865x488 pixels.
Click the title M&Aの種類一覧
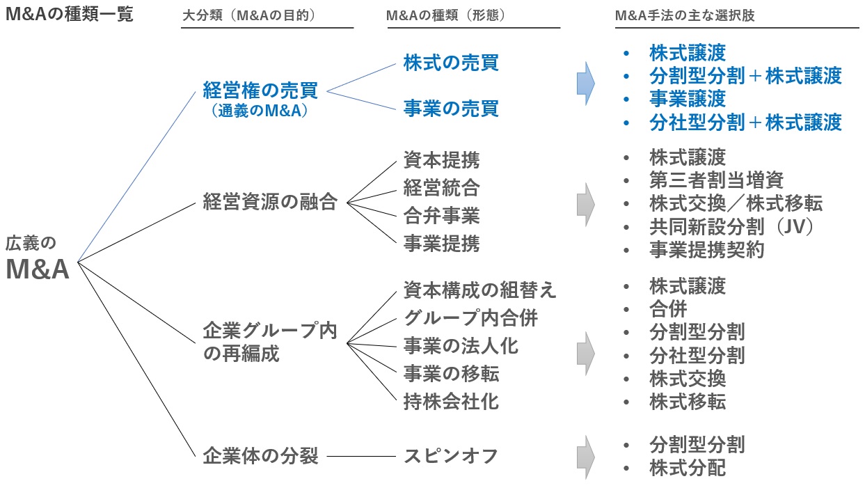click(69, 14)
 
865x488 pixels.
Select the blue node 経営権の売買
click(260, 90)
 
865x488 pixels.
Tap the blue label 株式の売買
click(451, 63)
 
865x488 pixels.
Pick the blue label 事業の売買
click(451, 109)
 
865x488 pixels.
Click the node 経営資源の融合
click(270, 203)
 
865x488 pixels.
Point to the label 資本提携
click(441, 161)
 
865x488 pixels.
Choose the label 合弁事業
click(441, 216)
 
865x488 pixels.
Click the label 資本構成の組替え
click(480, 290)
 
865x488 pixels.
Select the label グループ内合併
click(470, 318)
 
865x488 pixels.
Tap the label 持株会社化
click(451, 401)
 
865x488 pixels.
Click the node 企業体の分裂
click(260, 457)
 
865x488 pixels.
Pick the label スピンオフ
click(451, 457)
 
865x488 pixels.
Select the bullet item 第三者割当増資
click(716, 180)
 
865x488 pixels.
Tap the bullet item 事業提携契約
click(706, 250)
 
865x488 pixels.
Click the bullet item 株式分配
click(687, 468)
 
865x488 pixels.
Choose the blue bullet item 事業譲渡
click(687, 98)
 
